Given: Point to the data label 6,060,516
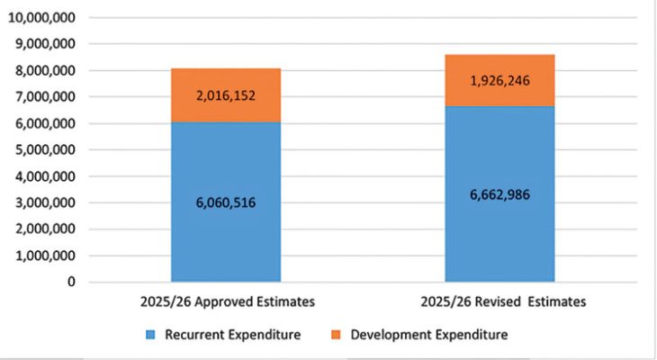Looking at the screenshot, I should (x=225, y=202).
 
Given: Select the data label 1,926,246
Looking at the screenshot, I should (x=499, y=81).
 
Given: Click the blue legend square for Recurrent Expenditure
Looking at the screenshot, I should (x=149, y=336).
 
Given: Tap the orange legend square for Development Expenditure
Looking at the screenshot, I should (x=336, y=336).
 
